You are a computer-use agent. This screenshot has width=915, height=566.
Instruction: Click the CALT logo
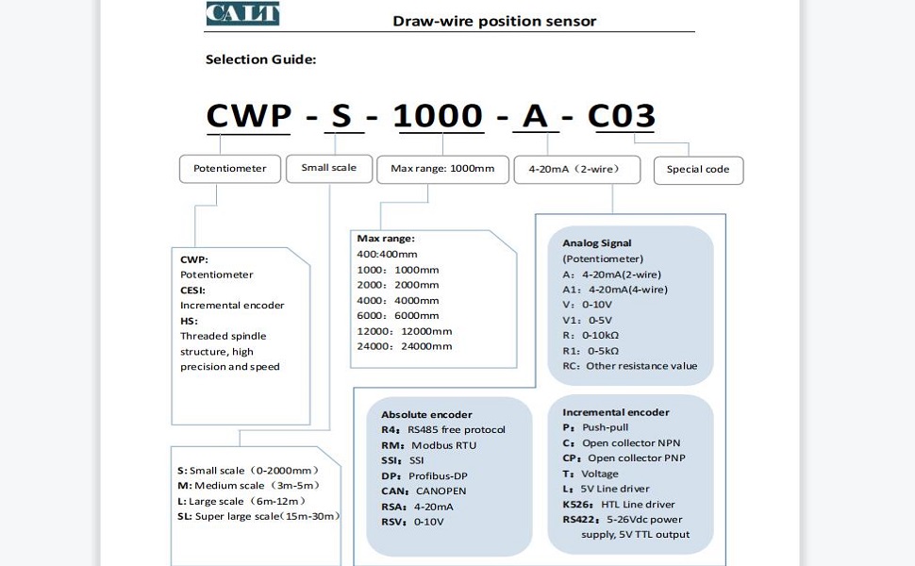point(242,13)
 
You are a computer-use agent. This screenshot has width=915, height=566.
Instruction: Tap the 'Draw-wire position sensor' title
point(494,21)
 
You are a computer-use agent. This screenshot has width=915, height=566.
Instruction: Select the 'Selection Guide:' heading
point(260,59)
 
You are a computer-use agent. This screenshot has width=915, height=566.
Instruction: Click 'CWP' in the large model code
point(249,116)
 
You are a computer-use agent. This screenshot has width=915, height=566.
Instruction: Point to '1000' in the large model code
point(438,116)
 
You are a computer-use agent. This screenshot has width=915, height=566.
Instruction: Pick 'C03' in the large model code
point(621,116)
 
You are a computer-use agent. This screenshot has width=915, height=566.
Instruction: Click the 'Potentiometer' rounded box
point(230,169)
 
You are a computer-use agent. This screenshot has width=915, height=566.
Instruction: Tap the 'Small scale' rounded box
point(329,168)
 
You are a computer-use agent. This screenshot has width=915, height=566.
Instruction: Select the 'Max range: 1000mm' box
point(442,169)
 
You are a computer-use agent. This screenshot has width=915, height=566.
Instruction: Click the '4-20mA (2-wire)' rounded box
point(576,170)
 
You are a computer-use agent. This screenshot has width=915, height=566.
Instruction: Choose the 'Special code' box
point(698,170)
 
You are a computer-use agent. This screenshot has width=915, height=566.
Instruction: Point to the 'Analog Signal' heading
point(597,243)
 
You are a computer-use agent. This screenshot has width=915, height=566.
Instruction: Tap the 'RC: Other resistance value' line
point(630,366)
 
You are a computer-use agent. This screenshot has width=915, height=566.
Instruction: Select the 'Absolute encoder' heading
point(426,414)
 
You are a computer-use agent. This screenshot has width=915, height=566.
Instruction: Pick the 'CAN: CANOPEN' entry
point(424,491)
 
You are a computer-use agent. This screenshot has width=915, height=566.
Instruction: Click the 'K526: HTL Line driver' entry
point(619,504)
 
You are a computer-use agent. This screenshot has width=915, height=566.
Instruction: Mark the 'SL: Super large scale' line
point(258,517)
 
